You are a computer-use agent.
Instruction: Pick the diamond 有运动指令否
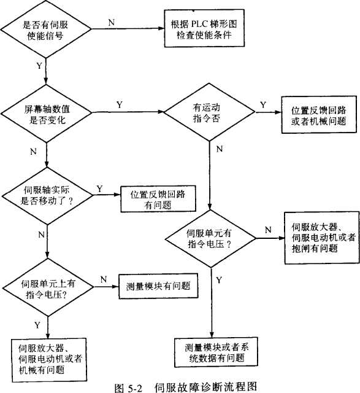click(210, 113)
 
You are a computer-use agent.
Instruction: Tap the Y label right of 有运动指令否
click(263, 105)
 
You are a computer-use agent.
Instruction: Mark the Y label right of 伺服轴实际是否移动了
click(99, 189)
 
